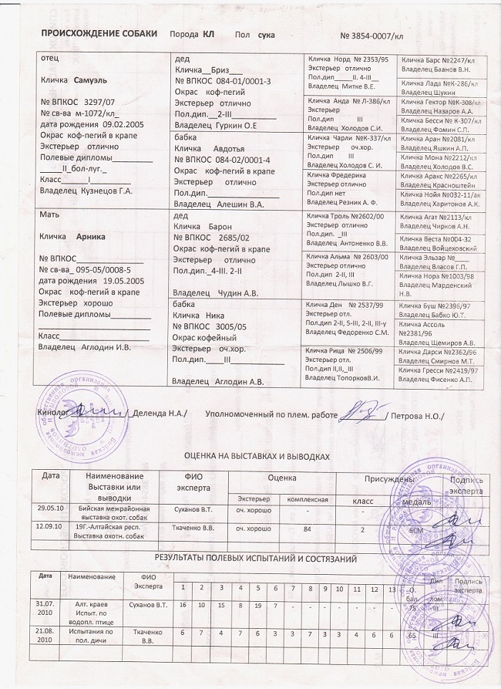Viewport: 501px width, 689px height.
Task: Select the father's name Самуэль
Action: click(x=92, y=80)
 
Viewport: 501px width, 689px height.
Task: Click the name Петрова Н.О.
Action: click(x=423, y=415)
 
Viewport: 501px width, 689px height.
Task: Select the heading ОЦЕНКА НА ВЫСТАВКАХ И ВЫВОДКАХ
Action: click(x=252, y=457)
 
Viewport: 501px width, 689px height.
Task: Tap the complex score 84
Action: click(x=308, y=529)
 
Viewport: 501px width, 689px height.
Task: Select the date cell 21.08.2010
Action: click(x=45, y=635)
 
